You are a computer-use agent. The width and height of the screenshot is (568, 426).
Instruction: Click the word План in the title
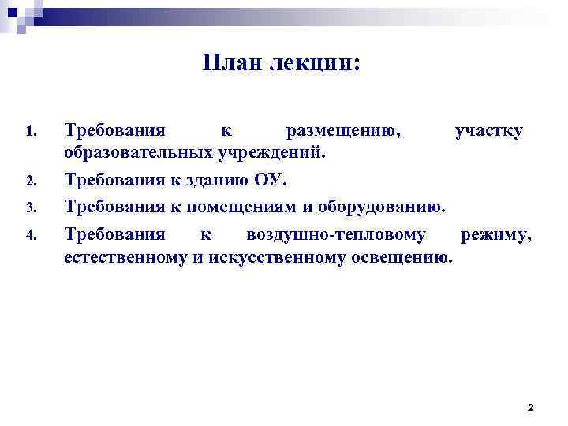230,63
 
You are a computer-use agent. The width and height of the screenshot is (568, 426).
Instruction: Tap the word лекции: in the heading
313,63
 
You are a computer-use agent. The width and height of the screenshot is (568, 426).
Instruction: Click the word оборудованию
376,207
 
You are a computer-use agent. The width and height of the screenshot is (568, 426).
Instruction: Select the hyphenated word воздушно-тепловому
336,234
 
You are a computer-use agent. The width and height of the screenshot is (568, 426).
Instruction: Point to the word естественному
125,256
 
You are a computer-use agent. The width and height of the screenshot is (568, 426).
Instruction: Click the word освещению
402,256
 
